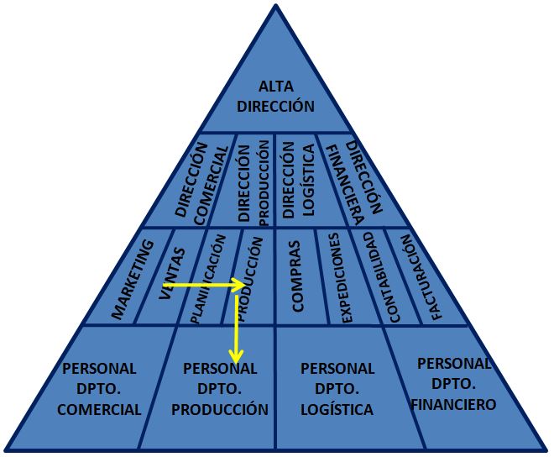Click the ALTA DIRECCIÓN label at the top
pos(275,97)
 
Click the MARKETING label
pos(133,280)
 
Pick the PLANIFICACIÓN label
pos(208,278)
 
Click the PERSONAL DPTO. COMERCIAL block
pos(99,389)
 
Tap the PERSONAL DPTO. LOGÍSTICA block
pos(337,389)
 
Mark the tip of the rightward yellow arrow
pos(244,286)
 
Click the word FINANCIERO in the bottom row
pos(453,404)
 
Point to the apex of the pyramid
pos(276,5)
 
